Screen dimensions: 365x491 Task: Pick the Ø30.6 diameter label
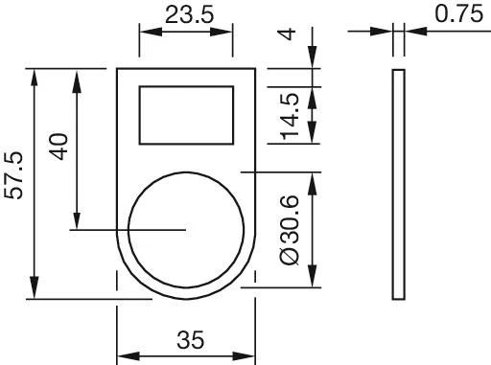pyautogui.click(x=292, y=229)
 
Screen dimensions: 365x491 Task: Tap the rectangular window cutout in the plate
pyautogui.click(x=186, y=114)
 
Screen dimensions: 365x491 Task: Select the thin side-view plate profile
pyautogui.click(x=398, y=183)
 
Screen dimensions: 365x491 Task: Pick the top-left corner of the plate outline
pyautogui.click(x=117, y=69)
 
